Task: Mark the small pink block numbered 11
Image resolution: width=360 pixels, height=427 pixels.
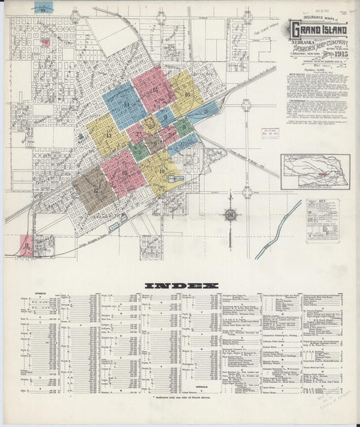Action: (26, 245)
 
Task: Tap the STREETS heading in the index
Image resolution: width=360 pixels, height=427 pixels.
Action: (28, 294)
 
